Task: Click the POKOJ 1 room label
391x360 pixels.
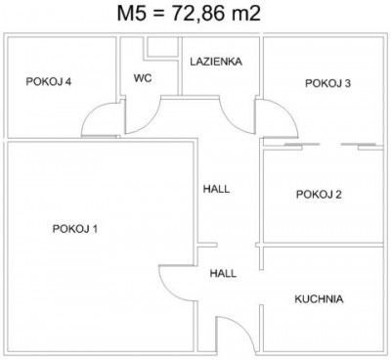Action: pos(75,229)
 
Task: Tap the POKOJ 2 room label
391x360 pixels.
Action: pos(319,195)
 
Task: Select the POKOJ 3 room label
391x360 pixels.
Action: pos(327,83)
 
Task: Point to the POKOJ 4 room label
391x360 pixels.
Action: pos(49,81)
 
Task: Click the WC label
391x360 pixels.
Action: pos(143,78)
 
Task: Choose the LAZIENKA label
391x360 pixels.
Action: pos(216,62)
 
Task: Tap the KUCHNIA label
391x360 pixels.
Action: pos(319,299)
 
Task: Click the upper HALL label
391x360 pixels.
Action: pos(216,189)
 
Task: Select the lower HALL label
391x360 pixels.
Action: pos(223,273)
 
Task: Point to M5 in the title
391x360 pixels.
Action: pos(131,14)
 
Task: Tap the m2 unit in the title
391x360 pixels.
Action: pos(246,14)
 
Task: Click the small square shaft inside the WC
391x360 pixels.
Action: pos(160,48)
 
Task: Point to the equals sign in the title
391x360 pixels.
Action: pos(158,15)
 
